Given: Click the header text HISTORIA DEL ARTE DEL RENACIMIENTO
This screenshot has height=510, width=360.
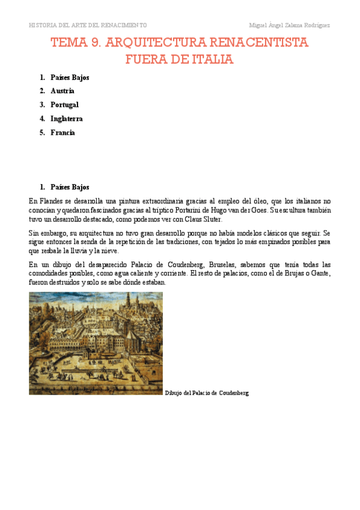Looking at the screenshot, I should click(88, 25).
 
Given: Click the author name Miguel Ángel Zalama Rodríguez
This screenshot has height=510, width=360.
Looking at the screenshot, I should click(290, 25).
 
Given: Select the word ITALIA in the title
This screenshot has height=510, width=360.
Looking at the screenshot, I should click(211, 60).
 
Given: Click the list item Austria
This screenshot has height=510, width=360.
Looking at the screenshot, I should click(63, 91).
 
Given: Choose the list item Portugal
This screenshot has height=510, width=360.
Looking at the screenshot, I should click(64, 105).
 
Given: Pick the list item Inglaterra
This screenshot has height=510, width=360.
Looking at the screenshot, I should click(67, 118).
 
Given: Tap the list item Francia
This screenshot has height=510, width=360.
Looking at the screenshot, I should click(63, 132).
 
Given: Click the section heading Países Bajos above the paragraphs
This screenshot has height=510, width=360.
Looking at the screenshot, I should click(70, 187).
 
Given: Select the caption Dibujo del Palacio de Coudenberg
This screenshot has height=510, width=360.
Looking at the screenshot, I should click(206, 393).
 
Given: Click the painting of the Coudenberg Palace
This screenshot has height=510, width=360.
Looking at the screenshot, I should click(96, 343).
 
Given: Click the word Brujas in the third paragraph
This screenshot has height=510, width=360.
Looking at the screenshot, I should click(287, 274).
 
